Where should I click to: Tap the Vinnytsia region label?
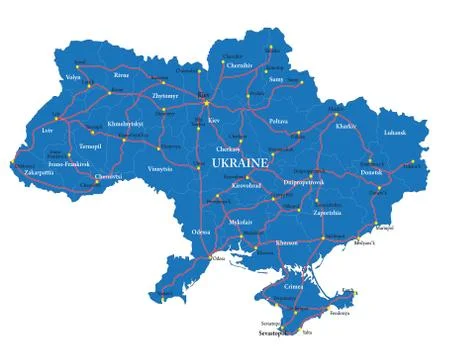160,169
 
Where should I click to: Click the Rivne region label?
122,74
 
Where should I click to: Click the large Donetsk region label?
372,172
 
